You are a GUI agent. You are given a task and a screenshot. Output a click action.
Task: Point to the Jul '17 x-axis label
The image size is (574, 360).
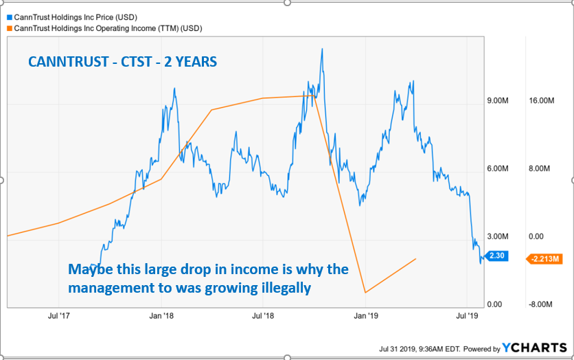tap(59, 317)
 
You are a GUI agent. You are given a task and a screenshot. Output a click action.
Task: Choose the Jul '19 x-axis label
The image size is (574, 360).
tap(468, 317)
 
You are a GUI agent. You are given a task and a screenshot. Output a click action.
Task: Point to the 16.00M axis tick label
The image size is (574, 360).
tap(540, 101)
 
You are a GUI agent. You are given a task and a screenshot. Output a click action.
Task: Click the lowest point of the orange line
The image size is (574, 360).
tap(365, 293)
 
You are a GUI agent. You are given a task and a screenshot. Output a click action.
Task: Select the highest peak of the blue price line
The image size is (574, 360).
tap(321, 49)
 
